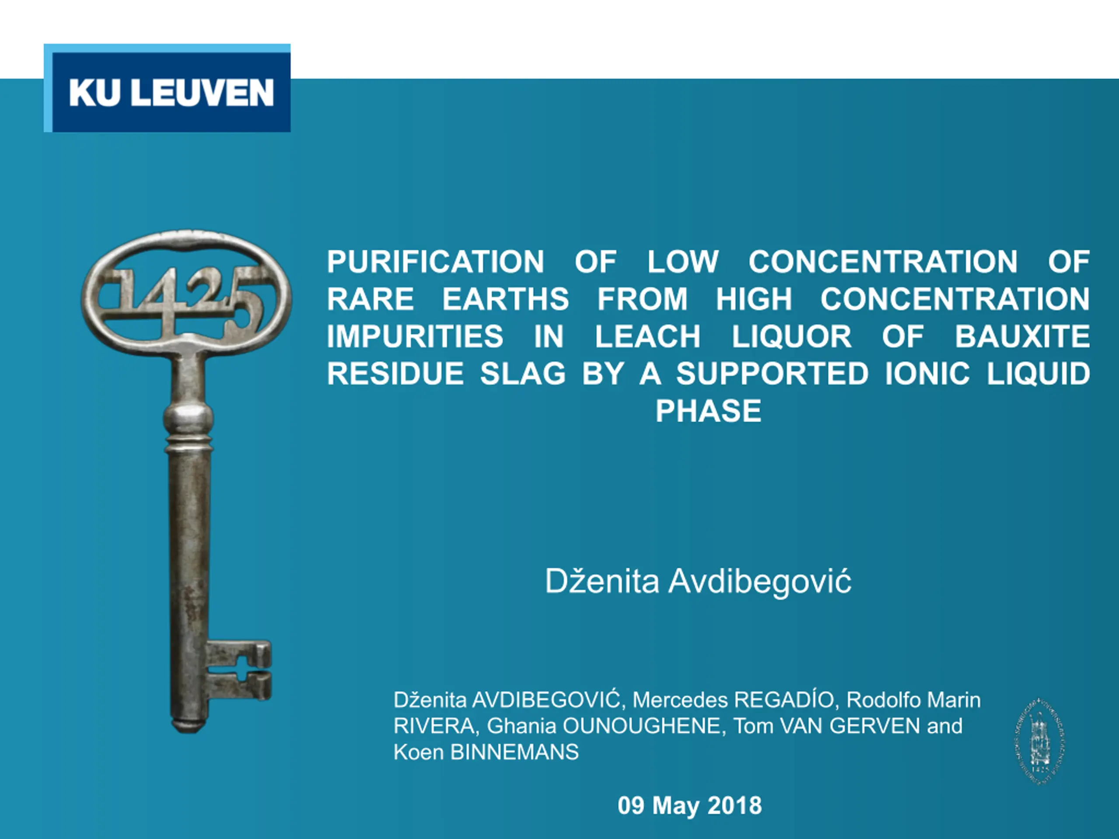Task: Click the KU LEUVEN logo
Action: point(167,88)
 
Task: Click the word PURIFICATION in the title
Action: point(435,261)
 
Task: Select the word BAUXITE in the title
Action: point(1022,336)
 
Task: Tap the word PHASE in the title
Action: point(708,411)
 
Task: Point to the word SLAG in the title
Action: point(523,374)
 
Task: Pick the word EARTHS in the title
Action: point(506,299)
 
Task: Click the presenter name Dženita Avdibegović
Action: point(698,582)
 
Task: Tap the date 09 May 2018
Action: point(689,806)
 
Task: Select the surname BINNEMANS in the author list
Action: point(514,752)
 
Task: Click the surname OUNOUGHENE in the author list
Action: point(641,726)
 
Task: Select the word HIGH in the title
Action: point(754,299)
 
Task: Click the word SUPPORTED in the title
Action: point(772,374)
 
